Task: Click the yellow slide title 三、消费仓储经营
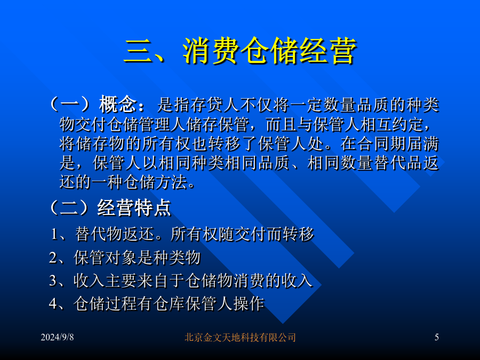(x=240, y=51)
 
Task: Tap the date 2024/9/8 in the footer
(x=57, y=338)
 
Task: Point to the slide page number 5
(x=437, y=338)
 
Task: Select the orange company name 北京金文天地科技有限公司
(x=240, y=338)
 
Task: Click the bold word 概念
(x=117, y=105)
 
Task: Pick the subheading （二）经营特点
(x=109, y=208)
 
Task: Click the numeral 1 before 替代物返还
(x=54, y=234)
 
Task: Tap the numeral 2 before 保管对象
(x=53, y=258)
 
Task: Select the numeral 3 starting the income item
(x=53, y=281)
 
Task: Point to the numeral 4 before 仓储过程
(x=53, y=303)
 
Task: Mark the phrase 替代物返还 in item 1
(x=115, y=234)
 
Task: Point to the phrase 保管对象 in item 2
(x=105, y=258)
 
